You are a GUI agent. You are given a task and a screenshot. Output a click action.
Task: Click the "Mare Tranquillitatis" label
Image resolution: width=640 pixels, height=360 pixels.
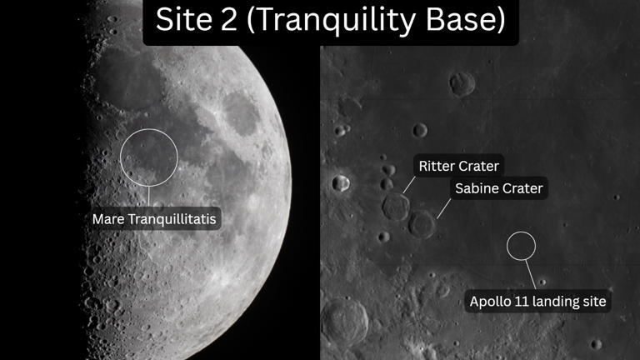point(160,219)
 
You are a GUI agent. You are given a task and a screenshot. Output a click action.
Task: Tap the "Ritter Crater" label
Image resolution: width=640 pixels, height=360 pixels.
point(457,166)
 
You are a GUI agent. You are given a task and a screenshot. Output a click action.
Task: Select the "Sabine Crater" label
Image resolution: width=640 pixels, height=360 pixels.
point(498,188)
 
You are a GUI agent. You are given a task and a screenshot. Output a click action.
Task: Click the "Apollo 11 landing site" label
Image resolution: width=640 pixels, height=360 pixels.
point(537,301)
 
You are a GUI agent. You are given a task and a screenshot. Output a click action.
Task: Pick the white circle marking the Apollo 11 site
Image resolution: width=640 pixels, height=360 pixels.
point(522,244)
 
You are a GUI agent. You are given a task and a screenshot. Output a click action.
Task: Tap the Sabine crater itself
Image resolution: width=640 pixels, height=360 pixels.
point(422,223)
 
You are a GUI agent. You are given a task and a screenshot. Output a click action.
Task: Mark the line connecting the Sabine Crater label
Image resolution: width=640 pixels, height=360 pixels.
point(443,205)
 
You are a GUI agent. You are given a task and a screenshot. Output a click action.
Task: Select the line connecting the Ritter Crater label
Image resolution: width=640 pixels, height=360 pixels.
point(409,184)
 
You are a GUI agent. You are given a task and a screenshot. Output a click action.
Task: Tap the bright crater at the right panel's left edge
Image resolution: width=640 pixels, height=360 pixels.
point(340,182)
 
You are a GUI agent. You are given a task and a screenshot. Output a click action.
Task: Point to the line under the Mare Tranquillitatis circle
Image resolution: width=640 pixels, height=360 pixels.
point(149,196)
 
